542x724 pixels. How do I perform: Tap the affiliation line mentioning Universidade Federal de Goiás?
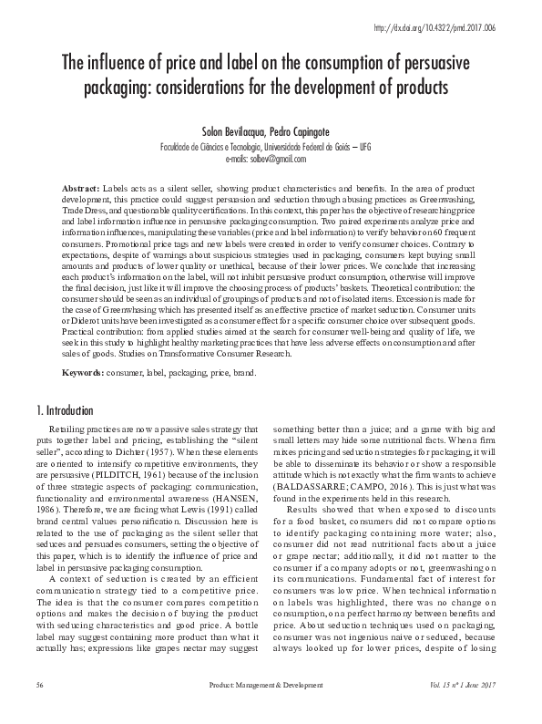click(x=271, y=146)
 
